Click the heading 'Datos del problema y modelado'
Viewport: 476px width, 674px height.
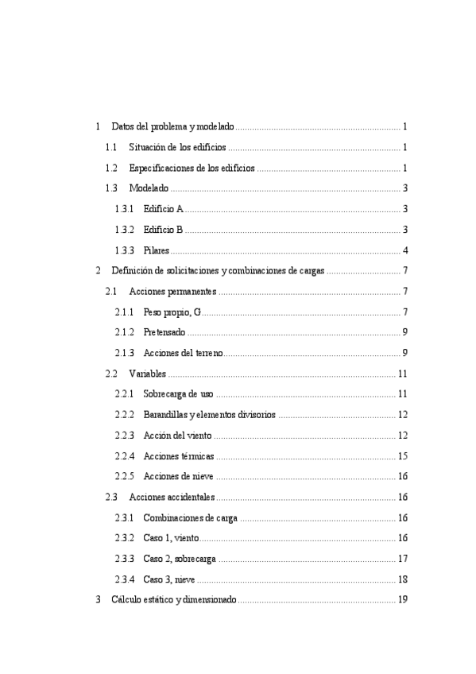(x=172, y=126)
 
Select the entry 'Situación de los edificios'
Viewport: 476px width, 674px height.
(x=177, y=147)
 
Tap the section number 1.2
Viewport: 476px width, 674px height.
(x=111, y=168)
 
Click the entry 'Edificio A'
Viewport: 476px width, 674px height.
(x=164, y=209)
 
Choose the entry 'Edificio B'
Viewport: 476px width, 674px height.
(x=164, y=230)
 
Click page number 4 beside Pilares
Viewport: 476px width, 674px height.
(x=405, y=250)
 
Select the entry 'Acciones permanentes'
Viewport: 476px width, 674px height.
(x=172, y=292)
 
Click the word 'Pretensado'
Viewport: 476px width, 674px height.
(x=165, y=332)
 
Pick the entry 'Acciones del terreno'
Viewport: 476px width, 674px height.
(x=184, y=353)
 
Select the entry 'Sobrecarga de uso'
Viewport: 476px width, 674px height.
(x=179, y=394)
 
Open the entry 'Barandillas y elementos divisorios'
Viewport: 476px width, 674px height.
(x=210, y=415)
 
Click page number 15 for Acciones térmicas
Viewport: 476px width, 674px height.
(x=403, y=456)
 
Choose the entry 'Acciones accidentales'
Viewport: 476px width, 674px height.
(x=172, y=498)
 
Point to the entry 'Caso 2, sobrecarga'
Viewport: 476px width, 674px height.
(x=180, y=559)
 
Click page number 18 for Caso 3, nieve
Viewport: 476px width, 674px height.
(x=403, y=579)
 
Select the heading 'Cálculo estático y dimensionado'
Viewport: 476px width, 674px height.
(x=173, y=600)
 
